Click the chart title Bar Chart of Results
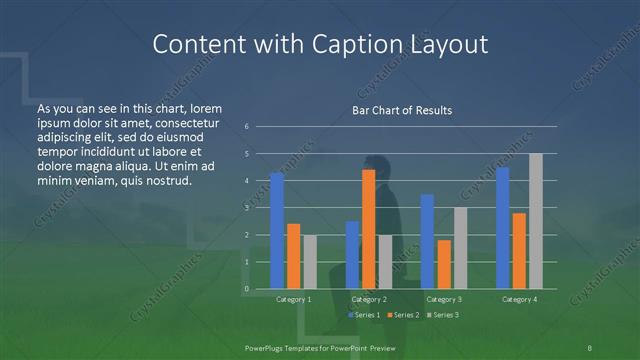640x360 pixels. click(400, 110)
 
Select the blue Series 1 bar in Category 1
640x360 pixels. click(277, 230)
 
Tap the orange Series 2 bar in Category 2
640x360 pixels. click(369, 229)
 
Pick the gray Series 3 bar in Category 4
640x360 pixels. click(536, 221)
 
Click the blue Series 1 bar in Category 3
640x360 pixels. click(428, 241)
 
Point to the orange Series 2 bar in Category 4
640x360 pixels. click(519, 250)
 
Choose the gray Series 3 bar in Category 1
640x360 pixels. click(310, 262)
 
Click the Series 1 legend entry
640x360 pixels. click(365, 315)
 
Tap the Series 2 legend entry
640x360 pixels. click(402, 315)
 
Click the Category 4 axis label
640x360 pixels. click(519, 299)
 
